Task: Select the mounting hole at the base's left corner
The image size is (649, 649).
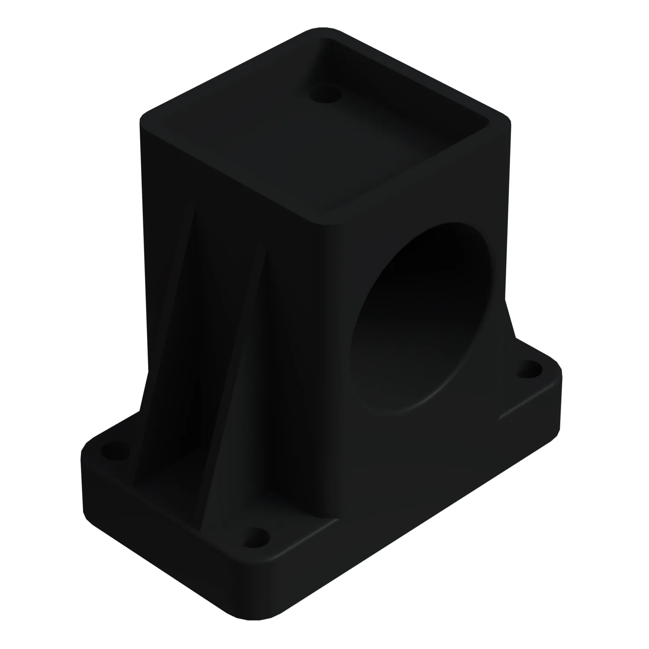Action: [x=114, y=454]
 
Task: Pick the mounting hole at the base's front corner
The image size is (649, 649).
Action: [x=258, y=538]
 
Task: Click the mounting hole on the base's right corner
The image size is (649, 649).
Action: [x=529, y=371]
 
